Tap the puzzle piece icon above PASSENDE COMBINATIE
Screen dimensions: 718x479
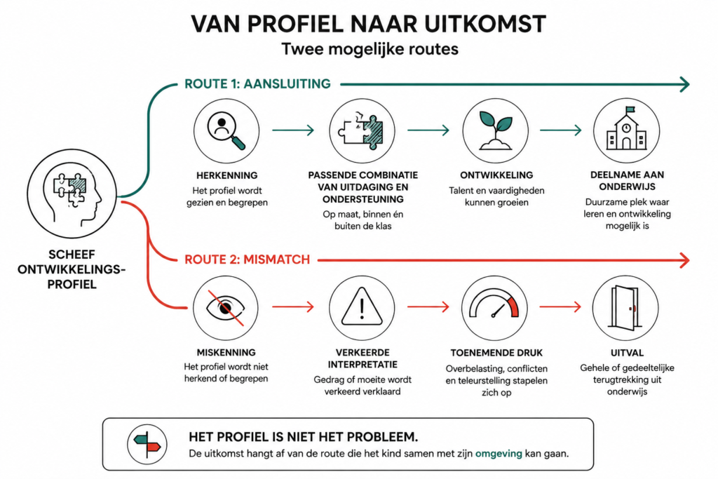(362, 131)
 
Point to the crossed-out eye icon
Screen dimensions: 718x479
(226, 308)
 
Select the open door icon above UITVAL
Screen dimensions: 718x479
(625, 308)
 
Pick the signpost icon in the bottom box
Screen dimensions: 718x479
(147, 444)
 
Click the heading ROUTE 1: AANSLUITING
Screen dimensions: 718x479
(257, 83)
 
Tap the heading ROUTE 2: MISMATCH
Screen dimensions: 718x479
(248, 259)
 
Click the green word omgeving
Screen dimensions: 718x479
(499, 454)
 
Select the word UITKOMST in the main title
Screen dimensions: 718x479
(485, 24)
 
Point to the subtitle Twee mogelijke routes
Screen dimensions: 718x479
(370, 49)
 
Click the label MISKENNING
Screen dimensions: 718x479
(226, 352)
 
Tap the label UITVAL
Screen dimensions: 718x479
(627, 353)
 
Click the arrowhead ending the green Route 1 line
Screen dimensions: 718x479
(685, 84)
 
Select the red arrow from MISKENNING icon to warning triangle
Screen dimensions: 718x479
(293, 306)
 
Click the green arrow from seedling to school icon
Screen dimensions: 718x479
(560, 130)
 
